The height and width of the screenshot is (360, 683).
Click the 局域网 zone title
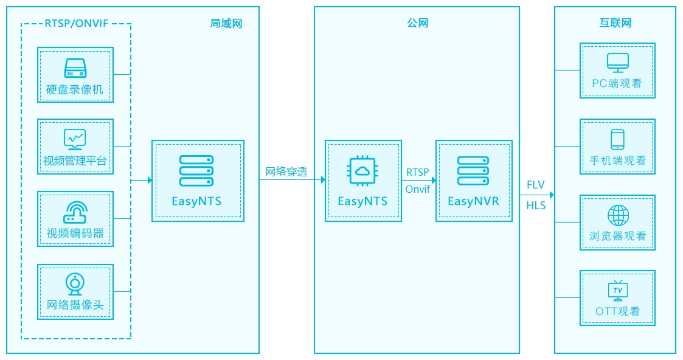(226, 23)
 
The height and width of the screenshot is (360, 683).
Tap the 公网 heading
(417, 23)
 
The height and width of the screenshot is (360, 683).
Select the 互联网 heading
(615, 23)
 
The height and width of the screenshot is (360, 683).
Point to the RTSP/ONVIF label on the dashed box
(76, 24)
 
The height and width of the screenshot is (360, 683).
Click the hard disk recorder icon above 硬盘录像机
(75, 68)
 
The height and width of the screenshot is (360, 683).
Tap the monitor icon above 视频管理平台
(75, 139)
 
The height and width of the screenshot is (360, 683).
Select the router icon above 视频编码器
(75, 212)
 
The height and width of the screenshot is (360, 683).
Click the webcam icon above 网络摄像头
(75, 284)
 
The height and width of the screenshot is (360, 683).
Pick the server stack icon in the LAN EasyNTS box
(196, 171)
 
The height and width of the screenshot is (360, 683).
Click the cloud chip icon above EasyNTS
(362, 171)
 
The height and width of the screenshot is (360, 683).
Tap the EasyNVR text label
(474, 201)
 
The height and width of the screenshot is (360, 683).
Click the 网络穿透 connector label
(286, 171)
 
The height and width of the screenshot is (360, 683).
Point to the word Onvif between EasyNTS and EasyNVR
(418, 189)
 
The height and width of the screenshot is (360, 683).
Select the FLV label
(535, 185)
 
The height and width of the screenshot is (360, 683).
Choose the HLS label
(536, 206)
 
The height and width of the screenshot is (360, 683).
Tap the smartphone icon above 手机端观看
(618, 140)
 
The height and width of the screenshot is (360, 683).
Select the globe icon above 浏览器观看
(618, 215)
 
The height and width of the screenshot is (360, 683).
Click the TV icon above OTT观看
(618, 291)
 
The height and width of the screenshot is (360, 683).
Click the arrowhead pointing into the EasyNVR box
(434, 180)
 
